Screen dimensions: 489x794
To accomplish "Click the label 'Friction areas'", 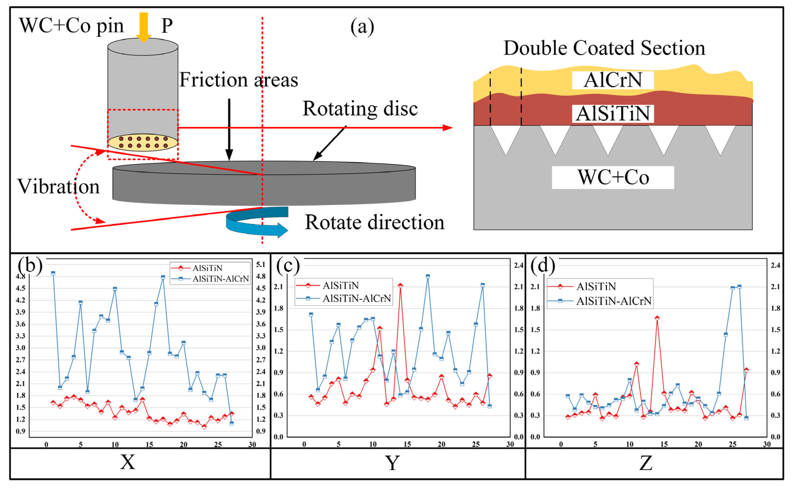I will (x=238, y=80).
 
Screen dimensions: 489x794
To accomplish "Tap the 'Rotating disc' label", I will (x=360, y=109).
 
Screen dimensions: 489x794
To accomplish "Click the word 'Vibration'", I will (x=59, y=187).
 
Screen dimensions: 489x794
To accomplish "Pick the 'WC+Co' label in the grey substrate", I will (x=613, y=177).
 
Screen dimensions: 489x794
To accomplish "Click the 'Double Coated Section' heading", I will (x=604, y=48).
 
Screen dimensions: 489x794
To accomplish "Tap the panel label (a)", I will (x=362, y=27).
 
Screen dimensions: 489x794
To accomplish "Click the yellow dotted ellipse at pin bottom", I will (x=143, y=142).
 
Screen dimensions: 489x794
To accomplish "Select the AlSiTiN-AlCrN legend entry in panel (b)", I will (x=220, y=279).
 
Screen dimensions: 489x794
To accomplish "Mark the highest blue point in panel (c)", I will (x=428, y=276).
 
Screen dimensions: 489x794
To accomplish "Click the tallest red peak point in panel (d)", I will (x=657, y=318).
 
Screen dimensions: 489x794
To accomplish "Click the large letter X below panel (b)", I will (x=127, y=462).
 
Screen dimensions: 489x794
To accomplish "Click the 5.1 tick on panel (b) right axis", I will (x=261, y=265).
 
